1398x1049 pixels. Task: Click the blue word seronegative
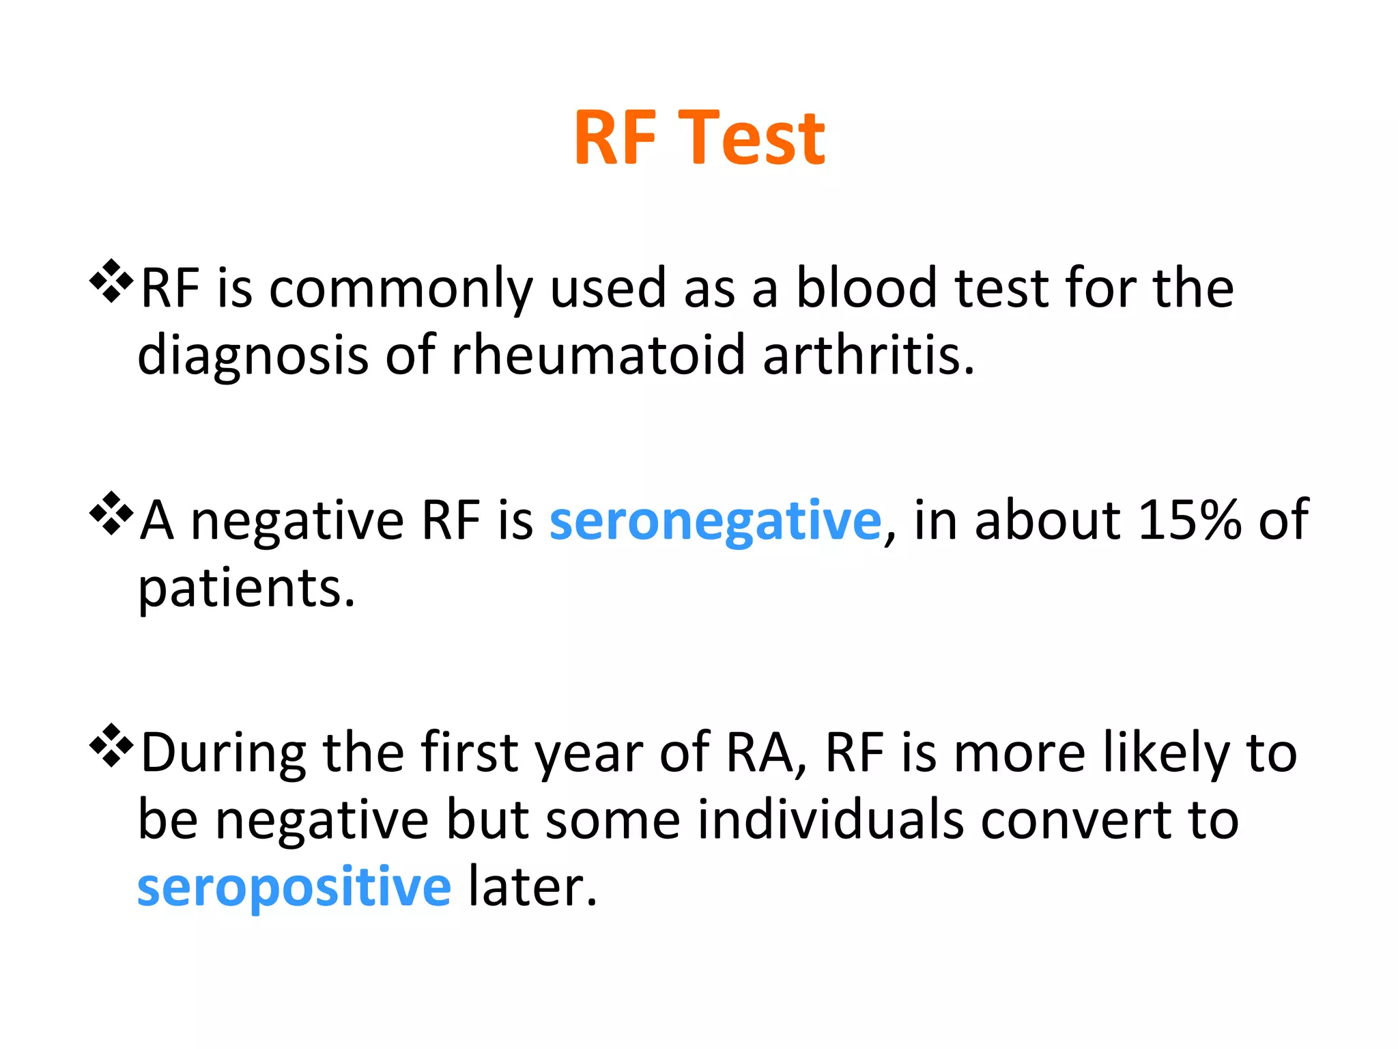(x=715, y=521)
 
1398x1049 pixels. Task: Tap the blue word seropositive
(x=294, y=887)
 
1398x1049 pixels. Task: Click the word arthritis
(x=868, y=355)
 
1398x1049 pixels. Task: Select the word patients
(x=246, y=589)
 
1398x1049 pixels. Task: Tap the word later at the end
(x=532, y=887)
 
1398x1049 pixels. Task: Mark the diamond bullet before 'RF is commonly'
(x=111, y=281)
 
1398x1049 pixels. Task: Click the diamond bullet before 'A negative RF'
(x=111, y=513)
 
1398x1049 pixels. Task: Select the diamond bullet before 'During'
(x=111, y=745)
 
